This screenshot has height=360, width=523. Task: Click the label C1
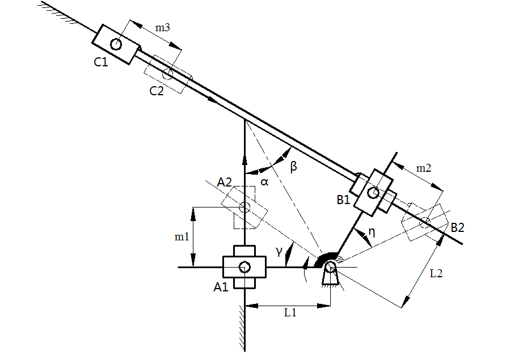click(x=101, y=62)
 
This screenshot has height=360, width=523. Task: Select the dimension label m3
click(x=163, y=27)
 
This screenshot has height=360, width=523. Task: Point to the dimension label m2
click(x=424, y=168)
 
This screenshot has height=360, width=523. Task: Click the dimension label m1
click(x=182, y=236)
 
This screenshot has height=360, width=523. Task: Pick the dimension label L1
click(x=290, y=313)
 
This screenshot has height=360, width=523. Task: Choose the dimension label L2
click(x=436, y=273)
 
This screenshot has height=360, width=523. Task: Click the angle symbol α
click(x=264, y=182)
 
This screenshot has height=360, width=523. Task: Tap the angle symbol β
click(x=293, y=166)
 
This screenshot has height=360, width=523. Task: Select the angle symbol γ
click(x=279, y=251)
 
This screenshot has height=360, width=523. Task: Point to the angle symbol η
click(x=372, y=232)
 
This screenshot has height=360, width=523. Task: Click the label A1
click(x=221, y=287)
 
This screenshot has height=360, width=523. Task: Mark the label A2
click(x=224, y=183)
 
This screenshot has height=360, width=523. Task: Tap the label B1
click(x=344, y=200)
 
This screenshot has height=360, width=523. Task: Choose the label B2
click(x=457, y=227)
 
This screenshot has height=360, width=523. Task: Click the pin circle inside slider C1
click(x=116, y=44)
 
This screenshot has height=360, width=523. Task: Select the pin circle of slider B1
click(x=373, y=192)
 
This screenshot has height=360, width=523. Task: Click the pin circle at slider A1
click(x=244, y=266)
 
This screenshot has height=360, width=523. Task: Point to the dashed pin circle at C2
click(x=168, y=74)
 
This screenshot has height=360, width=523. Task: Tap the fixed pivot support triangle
click(x=331, y=276)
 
